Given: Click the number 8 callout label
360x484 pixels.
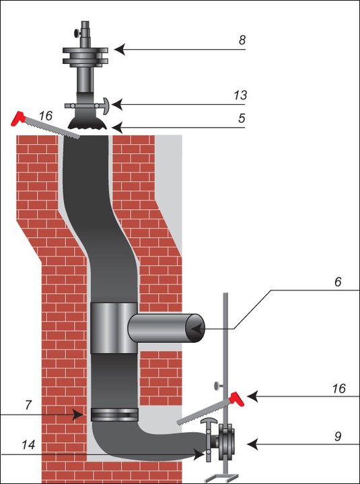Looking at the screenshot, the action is point(242,40).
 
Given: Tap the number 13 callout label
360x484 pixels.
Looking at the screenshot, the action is point(240,95).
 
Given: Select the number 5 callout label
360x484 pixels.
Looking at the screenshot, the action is point(242,118).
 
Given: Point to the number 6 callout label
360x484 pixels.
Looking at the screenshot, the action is point(338,282).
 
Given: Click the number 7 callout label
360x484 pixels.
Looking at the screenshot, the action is point(28,405).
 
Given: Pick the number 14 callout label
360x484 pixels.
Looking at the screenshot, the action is point(28,445).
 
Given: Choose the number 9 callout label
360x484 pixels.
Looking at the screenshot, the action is point(338,436).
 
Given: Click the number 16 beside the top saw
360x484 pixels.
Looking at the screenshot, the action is point(46,116).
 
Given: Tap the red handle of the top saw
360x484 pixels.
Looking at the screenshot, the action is point(18,118).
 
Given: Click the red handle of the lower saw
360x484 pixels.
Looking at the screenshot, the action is point(236,399).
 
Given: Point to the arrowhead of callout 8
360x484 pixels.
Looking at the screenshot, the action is point(120,49).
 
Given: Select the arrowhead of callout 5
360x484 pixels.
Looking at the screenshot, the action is point(117,128).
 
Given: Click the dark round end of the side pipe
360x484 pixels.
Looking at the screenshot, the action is point(194,328).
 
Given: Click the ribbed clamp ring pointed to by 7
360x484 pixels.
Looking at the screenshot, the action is point(114,415).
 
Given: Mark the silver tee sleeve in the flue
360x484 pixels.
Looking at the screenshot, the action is point(114,328).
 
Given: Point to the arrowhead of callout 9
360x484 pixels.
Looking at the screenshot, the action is point(252,444).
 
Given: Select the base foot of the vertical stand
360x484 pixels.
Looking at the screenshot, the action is point(222,477).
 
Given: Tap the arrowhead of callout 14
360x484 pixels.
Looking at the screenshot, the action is point(200,454).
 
